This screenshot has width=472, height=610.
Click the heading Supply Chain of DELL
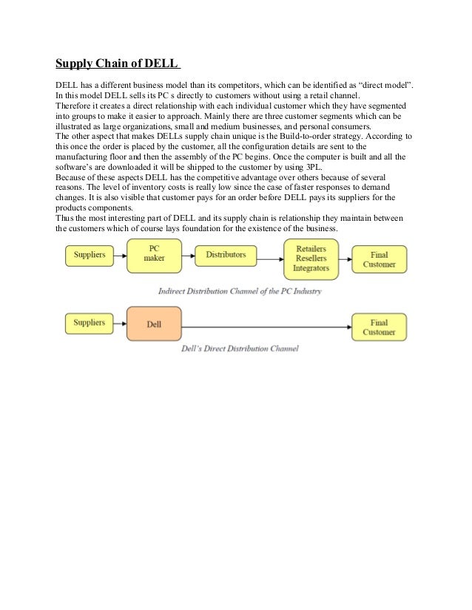pos(119,62)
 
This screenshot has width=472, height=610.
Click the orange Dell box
pos(153,324)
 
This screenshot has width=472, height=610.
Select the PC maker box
pos(154,254)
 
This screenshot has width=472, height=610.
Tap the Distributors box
pos(226,255)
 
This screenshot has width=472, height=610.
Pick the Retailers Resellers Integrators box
pos(311,259)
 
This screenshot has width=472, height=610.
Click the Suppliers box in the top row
pos(90,255)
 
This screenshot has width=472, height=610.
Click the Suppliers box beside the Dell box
pos(90,323)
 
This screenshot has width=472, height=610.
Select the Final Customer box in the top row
pos(379,259)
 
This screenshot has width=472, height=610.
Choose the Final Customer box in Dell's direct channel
pos(379,327)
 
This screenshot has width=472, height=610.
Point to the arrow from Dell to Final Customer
pos(266,327)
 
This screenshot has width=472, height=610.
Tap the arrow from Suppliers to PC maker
pos(120,255)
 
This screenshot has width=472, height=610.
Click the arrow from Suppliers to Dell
pos(120,323)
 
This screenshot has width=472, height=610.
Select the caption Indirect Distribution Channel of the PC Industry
pos(240,292)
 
